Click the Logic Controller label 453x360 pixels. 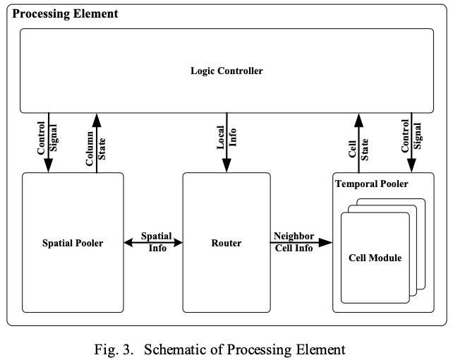coord(226,71)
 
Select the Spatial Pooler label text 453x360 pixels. coord(73,244)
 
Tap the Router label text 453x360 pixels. coord(226,244)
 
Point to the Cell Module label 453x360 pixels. coord(375,258)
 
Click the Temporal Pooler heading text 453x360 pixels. coord(372,184)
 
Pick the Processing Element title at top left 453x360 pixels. coord(66,13)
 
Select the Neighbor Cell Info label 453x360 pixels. coord(294,242)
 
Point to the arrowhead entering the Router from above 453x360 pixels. coord(226,167)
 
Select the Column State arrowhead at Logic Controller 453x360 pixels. coord(96,117)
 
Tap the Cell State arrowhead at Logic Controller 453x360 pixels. coord(360,117)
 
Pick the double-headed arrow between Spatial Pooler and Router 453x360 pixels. coord(153,243)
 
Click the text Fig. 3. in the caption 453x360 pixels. coord(114,349)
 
